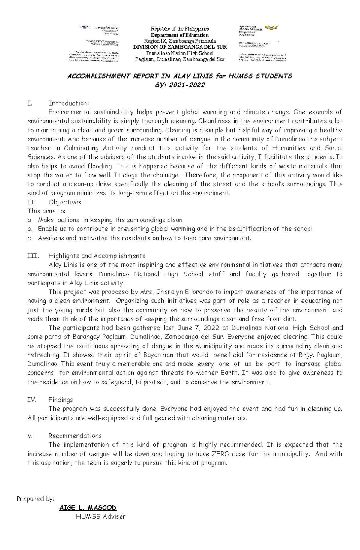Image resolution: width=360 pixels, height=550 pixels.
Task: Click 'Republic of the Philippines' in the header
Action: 180,29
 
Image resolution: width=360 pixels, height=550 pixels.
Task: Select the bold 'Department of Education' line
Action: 180,35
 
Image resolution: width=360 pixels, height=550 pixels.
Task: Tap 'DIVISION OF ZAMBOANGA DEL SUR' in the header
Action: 180,47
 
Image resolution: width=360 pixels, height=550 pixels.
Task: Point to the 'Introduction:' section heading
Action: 69,103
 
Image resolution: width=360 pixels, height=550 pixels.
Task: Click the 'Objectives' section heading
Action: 65,202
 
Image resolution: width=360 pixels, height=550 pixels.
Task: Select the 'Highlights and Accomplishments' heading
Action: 97,256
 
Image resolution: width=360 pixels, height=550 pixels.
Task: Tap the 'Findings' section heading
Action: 61,400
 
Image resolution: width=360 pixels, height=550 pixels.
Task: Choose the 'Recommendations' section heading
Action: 75,436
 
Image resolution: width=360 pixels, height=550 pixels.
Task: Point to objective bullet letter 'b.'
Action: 30,229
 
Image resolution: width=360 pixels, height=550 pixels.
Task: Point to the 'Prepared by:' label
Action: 36,499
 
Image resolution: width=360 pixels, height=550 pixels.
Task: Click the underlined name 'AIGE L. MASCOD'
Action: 88,508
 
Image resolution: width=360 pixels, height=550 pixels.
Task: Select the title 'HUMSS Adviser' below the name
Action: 101,517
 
